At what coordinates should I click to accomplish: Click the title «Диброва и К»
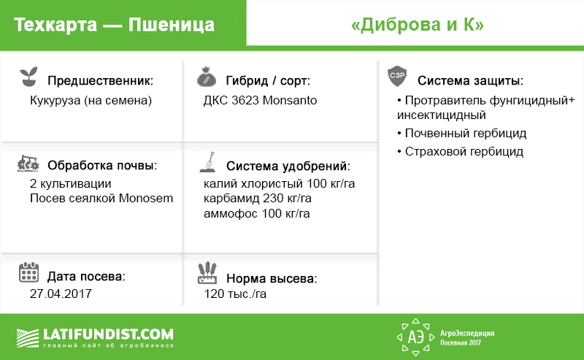point(418,25)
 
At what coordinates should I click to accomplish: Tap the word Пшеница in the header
point(172,25)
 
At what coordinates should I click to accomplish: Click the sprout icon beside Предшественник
point(28,77)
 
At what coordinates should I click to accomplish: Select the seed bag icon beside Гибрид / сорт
point(207,77)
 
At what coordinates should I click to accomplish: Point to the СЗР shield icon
point(397,77)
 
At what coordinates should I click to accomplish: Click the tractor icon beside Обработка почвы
point(28,164)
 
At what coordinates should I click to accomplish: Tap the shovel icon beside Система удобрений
point(208,162)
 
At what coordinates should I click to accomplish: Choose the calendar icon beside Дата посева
point(28,272)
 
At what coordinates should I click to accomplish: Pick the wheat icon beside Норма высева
point(207,273)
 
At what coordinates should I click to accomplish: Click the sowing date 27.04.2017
point(61,294)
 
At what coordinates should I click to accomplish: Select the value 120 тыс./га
point(235,294)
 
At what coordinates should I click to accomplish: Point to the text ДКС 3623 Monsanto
point(260,100)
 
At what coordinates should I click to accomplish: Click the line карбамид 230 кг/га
point(258,199)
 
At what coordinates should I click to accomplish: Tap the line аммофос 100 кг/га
point(257,213)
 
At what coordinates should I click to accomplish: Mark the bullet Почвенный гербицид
point(462,133)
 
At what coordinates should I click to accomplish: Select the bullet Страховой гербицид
point(461,151)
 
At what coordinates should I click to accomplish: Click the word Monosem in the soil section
point(146,199)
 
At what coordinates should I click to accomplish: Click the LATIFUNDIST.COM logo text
point(108,334)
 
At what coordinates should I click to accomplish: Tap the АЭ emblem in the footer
point(415,337)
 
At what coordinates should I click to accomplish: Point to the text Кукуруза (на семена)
point(91,101)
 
